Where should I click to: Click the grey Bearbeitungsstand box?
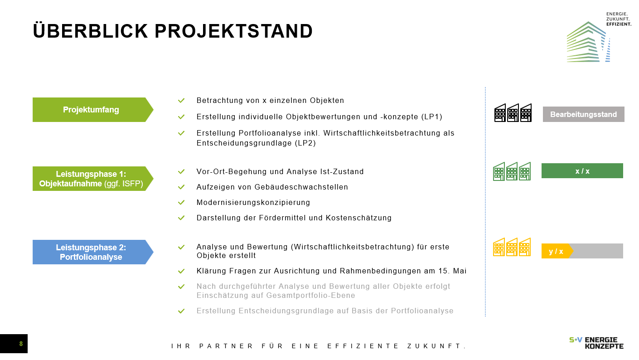(583, 114)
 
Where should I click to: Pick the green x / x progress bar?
(582, 171)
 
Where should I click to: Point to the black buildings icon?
(513, 113)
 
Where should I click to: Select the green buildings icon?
(512, 171)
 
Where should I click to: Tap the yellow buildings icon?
(512, 247)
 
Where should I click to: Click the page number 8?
(21, 344)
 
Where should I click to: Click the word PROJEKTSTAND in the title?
(234, 31)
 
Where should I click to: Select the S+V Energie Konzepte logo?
(596, 343)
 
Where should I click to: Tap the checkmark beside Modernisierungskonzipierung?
(181, 202)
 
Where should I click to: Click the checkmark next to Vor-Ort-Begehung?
(181, 171)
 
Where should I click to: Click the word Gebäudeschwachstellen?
(301, 187)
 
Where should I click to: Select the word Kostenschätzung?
(358, 218)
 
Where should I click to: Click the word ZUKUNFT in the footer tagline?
(436, 346)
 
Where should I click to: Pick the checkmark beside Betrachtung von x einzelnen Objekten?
(181, 101)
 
